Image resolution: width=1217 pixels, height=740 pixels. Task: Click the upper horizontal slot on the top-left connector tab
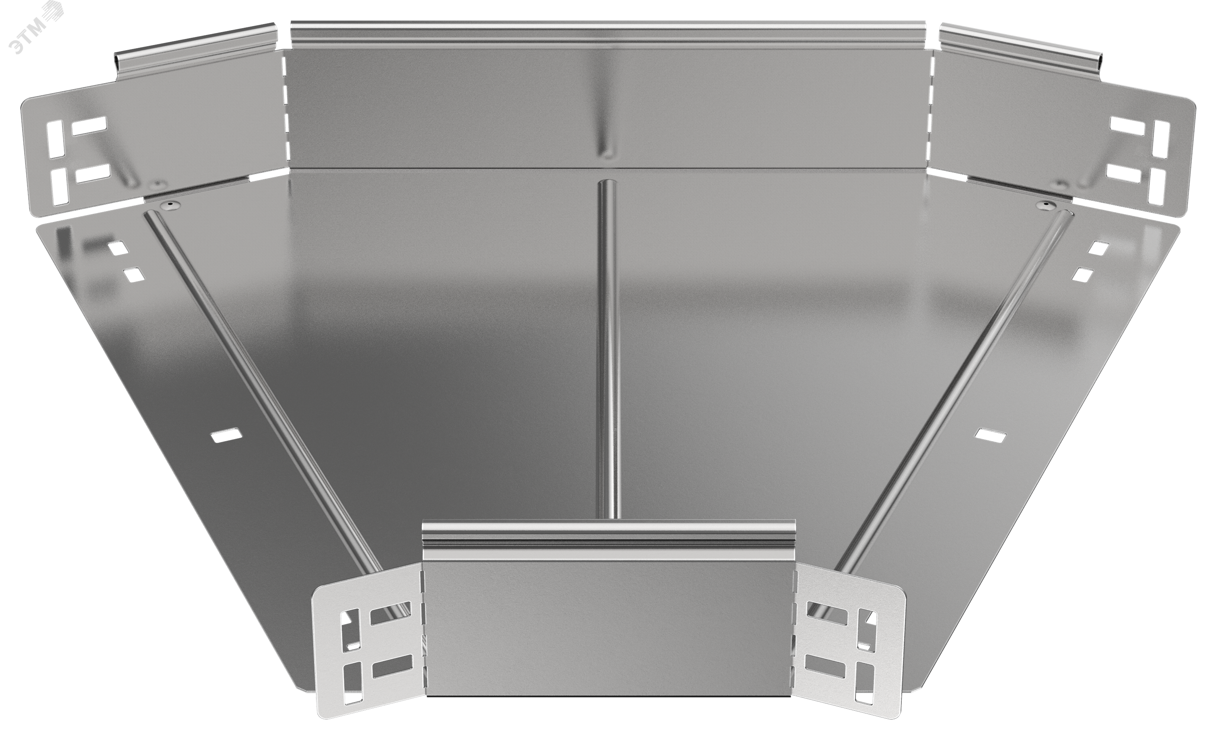coord(89,125)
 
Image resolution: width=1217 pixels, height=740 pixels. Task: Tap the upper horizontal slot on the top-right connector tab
coord(1127,126)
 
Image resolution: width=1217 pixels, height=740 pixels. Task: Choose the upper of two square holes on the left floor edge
coord(117,248)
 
